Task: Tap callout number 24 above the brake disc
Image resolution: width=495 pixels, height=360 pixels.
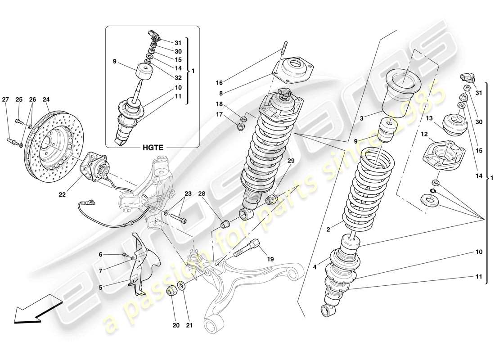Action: point(46,99)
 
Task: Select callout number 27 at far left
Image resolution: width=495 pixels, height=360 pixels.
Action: point(5,99)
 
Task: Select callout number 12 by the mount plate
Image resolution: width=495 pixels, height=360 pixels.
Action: point(424,134)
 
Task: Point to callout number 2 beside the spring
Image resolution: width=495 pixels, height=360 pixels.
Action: point(328,229)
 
